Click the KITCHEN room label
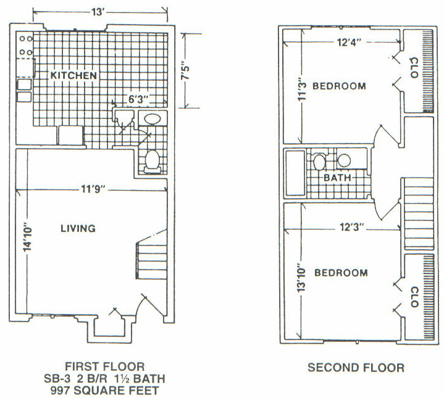click(73, 75)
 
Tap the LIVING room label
click(78, 228)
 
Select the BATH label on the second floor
click(337, 178)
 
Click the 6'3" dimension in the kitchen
click(138, 99)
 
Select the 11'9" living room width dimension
click(93, 189)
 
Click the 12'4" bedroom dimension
click(349, 43)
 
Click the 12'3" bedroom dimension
click(351, 227)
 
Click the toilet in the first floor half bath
click(153, 162)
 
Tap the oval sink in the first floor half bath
click(153, 119)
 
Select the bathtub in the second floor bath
click(295, 173)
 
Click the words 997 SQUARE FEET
click(105, 391)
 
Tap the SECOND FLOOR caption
click(356, 367)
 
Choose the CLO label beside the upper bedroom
click(414, 68)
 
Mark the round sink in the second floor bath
click(345, 160)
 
